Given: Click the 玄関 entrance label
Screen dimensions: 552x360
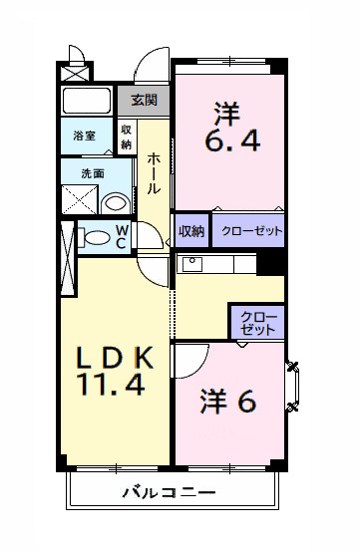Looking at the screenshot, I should tap(144, 100).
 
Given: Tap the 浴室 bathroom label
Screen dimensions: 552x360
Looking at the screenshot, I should tap(84, 136).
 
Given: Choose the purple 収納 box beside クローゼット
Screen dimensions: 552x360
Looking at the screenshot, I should tap(191, 231).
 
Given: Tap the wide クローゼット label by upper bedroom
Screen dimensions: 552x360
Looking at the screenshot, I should tap(251, 231).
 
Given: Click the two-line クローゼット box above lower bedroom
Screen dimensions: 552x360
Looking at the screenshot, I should tap(257, 321).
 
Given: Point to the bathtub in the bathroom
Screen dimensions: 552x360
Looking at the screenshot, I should tap(88, 101).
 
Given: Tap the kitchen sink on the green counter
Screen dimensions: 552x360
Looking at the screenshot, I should tap(190, 264).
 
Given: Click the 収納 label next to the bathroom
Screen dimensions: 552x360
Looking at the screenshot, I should tap(127, 137).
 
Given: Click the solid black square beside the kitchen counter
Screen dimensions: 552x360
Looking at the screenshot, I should tap(270, 263).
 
